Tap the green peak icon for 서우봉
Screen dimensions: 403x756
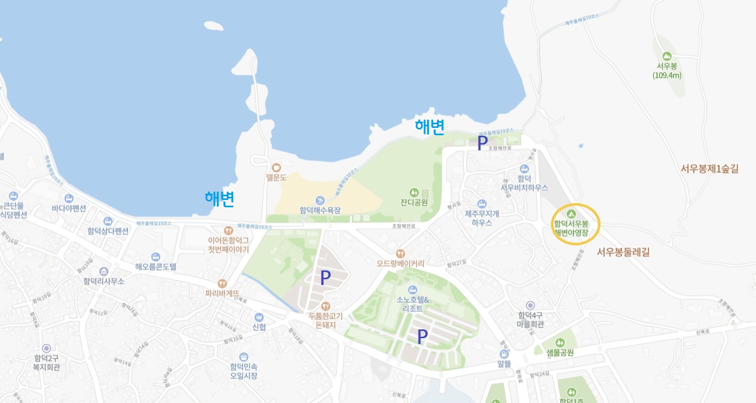[x=666, y=56]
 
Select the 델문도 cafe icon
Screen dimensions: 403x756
[x=277, y=168]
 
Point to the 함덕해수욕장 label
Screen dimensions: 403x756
[x=320, y=210]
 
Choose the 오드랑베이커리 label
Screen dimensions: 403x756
[x=400, y=264]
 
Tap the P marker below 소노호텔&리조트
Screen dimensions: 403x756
[x=422, y=337]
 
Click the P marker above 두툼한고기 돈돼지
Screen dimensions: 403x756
[x=325, y=278]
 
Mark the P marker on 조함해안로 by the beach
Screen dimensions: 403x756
[x=483, y=143]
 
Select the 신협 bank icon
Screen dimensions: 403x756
[x=259, y=317]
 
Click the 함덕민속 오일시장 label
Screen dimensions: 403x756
[x=243, y=371]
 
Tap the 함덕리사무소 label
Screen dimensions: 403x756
[x=103, y=281]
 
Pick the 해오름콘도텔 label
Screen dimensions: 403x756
[x=155, y=267]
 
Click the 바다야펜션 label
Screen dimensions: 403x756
[x=68, y=208]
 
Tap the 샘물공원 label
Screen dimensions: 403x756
[x=560, y=352]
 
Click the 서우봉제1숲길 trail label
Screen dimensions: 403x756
[x=710, y=169]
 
